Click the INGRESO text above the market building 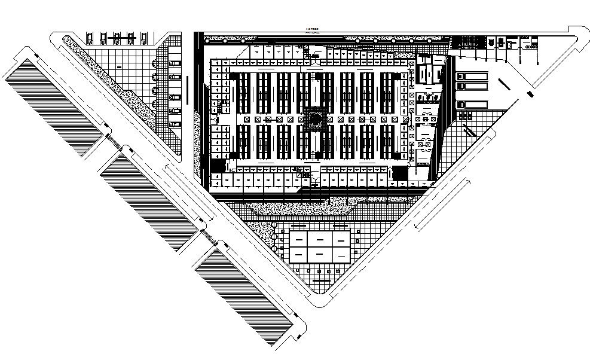(x=311, y=29)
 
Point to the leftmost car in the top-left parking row (x=90, y=39)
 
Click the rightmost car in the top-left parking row (x=145, y=39)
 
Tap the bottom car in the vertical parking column (x=175, y=124)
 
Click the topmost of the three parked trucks (x=471, y=77)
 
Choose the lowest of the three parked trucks (x=471, y=105)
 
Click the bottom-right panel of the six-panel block (x=340, y=254)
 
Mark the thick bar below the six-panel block (x=321, y=280)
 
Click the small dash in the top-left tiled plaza (x=119, y=68)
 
